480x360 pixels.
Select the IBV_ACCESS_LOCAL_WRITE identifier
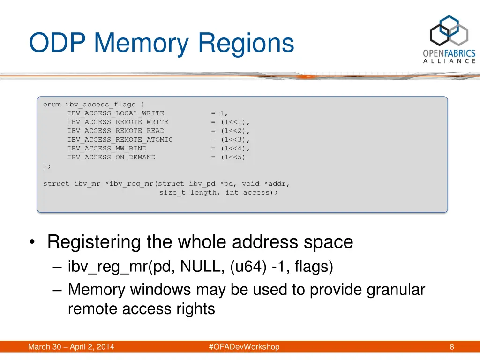(115, 113)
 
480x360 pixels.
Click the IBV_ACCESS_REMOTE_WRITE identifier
(118, 122)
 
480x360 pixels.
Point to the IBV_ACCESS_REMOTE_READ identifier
(115, 131)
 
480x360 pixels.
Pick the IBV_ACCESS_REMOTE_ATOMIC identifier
(120, 140)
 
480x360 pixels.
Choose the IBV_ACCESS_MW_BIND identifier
(106, 149)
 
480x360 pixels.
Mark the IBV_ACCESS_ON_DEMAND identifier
(111, 157)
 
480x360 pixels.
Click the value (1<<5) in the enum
(233, 157)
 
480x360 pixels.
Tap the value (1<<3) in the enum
(233, 140)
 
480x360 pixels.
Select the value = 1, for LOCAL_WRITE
(219, 113)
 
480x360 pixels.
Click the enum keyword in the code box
(52, 104)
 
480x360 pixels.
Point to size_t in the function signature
(172, 193)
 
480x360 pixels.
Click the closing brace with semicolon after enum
(47, 166)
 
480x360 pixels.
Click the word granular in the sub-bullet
(396, 290)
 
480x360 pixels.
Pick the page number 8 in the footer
(452, 347)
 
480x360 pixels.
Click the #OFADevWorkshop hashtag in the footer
(244, 347)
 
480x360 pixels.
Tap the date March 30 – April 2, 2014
(71, 347)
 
